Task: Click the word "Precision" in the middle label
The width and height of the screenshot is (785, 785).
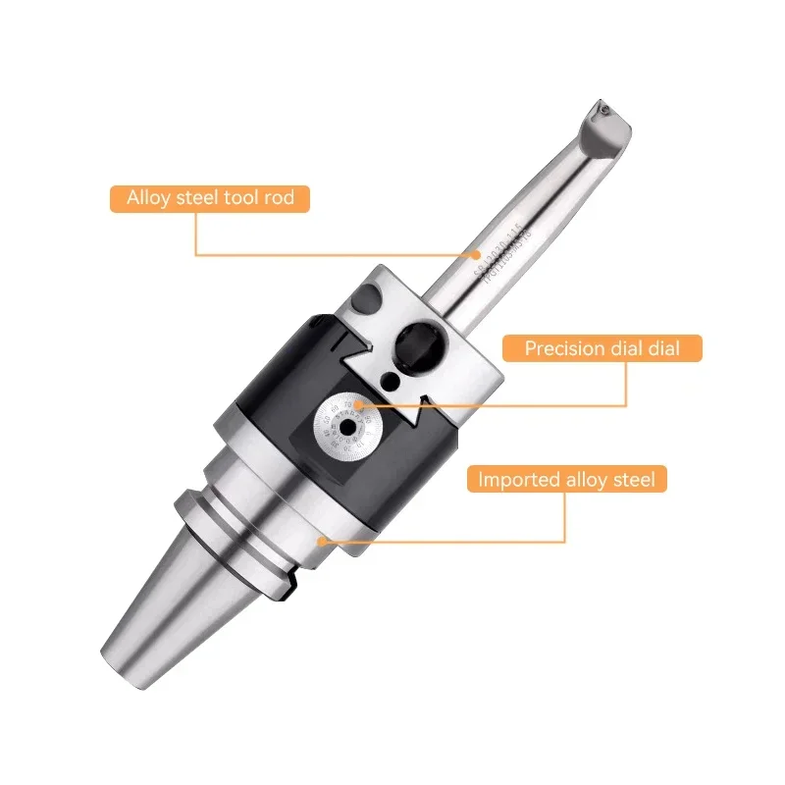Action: tap(564, 348)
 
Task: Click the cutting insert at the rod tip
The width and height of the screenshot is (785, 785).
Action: tap(606, 116)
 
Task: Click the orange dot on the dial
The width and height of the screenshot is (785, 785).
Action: tap(358, 403)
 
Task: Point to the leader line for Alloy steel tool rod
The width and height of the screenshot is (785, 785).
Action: tap(196, 235)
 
